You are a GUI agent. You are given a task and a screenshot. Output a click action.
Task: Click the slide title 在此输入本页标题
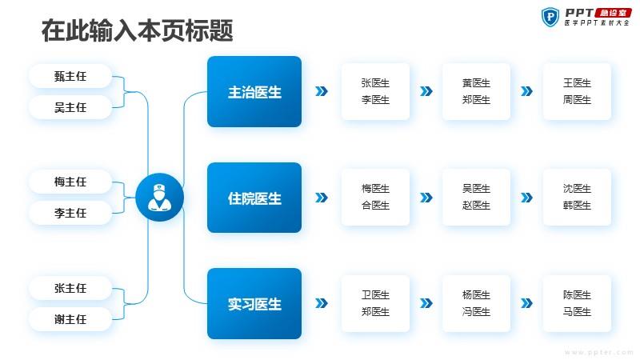(x=137, y=30)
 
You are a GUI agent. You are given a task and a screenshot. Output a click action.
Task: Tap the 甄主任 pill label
(x=70, y=76)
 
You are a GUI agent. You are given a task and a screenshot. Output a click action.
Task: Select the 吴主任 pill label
(x=70, y=107)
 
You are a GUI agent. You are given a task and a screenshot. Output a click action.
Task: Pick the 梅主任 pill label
(x=70, y=182)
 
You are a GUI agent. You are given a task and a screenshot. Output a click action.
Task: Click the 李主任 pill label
(x=70, y=213)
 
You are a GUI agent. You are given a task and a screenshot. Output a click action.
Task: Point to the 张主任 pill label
(x=70, y=288)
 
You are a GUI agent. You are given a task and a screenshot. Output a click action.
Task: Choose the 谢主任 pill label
(x=70, y=319)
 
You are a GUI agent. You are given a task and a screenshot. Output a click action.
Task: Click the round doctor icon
(x=159, y=197)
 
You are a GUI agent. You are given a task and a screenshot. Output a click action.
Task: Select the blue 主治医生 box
(x=254, y=91)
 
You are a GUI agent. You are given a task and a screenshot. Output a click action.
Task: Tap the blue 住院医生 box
(x=254, y=198)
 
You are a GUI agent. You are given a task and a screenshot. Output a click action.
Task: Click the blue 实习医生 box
(x=254, y=304)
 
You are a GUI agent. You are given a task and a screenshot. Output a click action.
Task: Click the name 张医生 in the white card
(x=375, y=83)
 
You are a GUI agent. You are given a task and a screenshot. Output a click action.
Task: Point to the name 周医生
(x=577, y=99)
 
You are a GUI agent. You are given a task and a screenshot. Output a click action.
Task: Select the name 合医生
(x=375, y=206)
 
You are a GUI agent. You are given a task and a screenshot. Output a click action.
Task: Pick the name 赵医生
(x=476, y=206)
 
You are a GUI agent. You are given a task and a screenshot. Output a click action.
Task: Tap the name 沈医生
(x=577, y=189)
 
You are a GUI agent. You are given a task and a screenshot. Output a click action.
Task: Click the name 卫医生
(x=375, y=294)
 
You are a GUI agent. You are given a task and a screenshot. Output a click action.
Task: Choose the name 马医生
(x=577, y=312)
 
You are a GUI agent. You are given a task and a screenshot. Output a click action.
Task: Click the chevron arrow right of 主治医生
(x=322, y=91)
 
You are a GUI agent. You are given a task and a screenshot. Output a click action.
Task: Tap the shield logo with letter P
(x=550, y=17)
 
